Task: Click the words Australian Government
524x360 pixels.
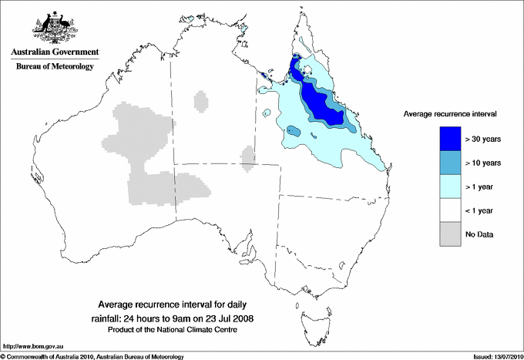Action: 55,52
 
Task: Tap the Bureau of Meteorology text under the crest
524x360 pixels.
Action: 55,66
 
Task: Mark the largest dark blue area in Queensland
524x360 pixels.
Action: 320,103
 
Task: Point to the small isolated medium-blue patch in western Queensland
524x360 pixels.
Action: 294,131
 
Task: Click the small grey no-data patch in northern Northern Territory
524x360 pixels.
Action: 201,101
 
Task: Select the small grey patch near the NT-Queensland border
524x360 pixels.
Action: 247,156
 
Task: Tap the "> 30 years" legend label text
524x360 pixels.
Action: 483,138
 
